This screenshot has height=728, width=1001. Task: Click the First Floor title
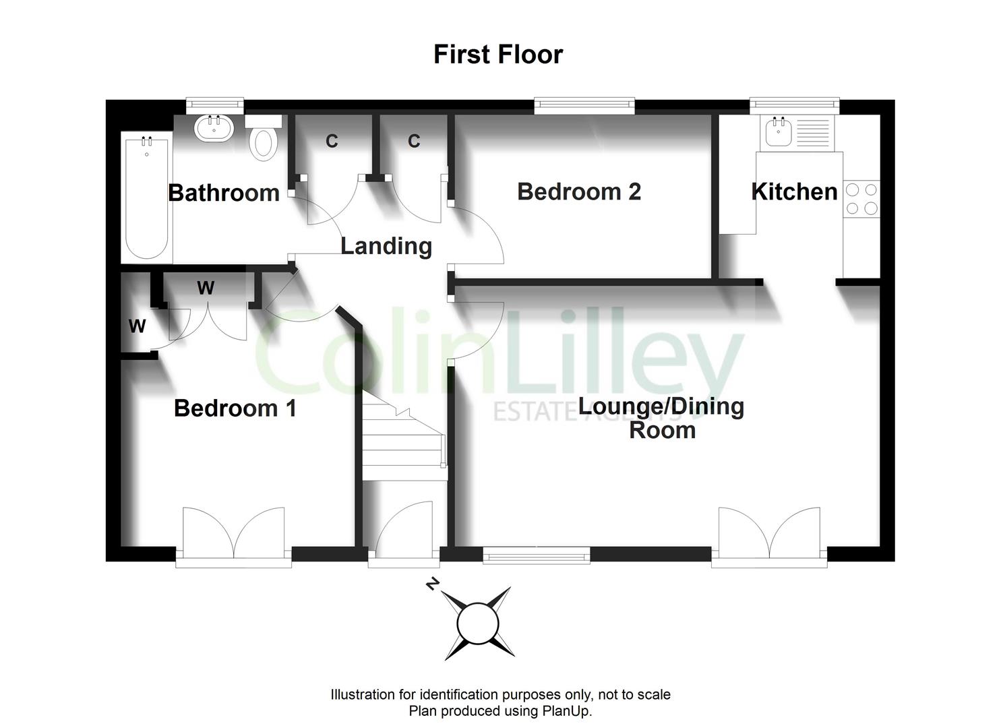(x=498, y=55)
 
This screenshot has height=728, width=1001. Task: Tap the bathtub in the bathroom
(x=146, y=198)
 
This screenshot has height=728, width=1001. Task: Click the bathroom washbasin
(x=214, y=128)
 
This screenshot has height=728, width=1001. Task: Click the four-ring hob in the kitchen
(x=861, y=199)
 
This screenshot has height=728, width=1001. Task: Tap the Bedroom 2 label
(x=579, y=191)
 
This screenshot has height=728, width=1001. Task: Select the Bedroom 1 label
(x=235, y=408)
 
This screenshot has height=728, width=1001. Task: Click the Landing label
(x=386, y=246)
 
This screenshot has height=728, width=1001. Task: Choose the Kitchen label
(x=794, y=191)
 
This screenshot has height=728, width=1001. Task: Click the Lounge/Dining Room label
(x=662, y=419)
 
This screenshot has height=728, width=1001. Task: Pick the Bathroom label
(x=224, y=193)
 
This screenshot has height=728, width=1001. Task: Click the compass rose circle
(x=478, y=624)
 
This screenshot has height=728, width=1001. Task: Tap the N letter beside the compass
(x=431, y=584)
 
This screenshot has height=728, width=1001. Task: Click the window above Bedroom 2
(x=584, y=104)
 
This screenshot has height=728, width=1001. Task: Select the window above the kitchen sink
(x=794, y=104)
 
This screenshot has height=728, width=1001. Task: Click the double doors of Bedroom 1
(x=234, y=536)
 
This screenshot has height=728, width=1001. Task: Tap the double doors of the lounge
(x=770, y=536)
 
